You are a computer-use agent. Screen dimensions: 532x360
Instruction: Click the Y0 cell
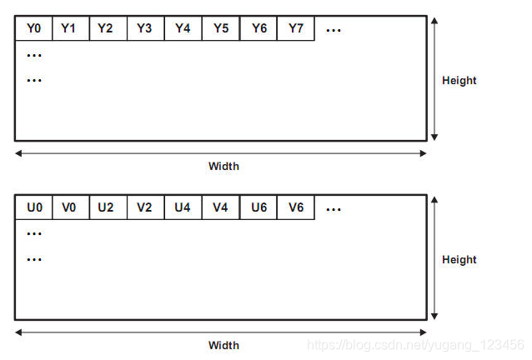point(33,28)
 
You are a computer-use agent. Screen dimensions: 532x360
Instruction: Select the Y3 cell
point(145,28)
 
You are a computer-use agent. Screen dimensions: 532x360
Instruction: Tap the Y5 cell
point(221,28)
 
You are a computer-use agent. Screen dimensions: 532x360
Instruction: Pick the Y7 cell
point(295,28)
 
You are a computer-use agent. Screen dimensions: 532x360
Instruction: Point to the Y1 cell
point(70,28)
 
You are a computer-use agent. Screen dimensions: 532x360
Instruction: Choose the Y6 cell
point(258,28)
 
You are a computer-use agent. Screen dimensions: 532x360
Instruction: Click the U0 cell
point(33,207)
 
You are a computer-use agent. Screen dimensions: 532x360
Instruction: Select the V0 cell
point(70,207)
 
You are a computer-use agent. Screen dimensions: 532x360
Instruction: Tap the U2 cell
point(108,207)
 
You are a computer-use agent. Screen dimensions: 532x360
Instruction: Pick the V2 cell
point(145,207)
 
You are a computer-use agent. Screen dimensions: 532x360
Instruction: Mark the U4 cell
point(183,207)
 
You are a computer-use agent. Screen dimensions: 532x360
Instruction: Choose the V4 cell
point(221,207)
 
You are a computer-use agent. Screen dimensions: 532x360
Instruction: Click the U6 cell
point(258,207)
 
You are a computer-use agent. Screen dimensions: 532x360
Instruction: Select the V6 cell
point(295,207)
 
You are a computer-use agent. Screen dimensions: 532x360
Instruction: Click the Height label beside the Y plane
point(459,81)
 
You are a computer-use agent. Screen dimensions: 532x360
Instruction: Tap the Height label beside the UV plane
point(459,260)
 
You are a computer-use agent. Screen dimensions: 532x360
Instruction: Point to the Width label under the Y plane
point(223,166)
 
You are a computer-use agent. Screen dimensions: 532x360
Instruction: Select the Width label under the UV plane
point(223,345)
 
